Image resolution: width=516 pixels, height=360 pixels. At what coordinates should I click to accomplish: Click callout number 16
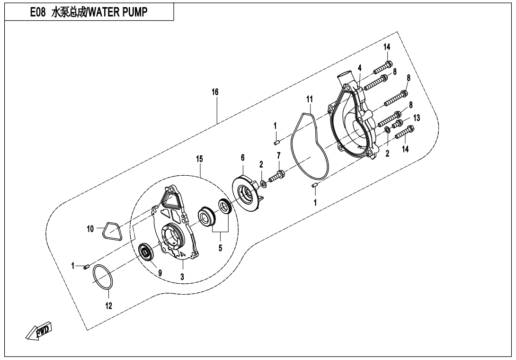[x=215, y=92]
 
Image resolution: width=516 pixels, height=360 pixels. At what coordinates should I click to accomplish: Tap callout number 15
[x=200, y=158]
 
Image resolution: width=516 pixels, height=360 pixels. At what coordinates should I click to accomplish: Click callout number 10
[x=90, y=229]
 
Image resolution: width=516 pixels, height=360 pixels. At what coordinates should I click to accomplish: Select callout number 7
[x=279, y=155]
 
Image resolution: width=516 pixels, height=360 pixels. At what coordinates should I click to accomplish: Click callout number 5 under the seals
[x=220, y=247]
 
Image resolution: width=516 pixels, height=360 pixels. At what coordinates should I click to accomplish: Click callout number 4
[x=360, y=68]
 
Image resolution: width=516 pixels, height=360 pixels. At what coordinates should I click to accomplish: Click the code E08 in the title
[x=38, y=13]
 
